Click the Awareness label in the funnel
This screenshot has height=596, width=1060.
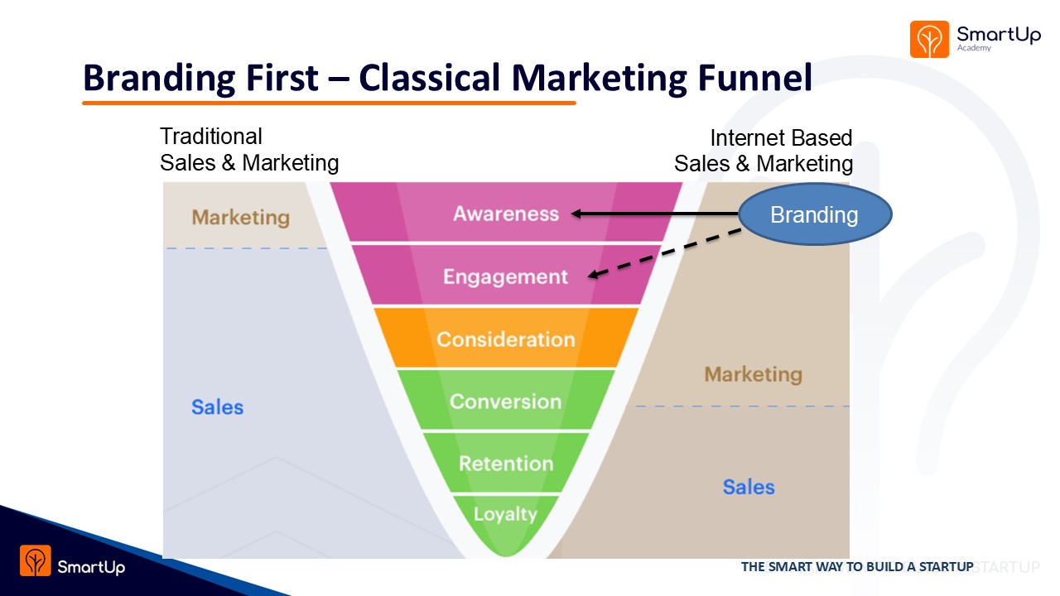[x=505, y=214]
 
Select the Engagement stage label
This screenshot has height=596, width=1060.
[x=505, y=276]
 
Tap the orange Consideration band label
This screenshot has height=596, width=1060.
[x=505, y=339]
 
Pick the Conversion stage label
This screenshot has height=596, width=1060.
[x=505, y=401]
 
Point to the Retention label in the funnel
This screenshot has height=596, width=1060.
[x=505, y=464]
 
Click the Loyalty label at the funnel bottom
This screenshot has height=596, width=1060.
[x=505, y=514]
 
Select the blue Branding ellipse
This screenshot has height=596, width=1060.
[x=814, y=215]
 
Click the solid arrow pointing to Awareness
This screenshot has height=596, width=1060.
[x=654, y=214]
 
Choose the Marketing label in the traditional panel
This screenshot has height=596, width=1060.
[x=240, y=218]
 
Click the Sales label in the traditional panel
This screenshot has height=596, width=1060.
[x=217, y=407]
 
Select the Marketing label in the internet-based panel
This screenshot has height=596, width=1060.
[x=753, y=374]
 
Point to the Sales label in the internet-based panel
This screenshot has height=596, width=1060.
[x=748, y=487]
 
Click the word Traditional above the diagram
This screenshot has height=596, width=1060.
[x=210, y=137]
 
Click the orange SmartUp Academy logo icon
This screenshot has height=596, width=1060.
[x=929, y=39]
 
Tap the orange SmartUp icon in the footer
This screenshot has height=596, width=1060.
[x=36, y=560]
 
